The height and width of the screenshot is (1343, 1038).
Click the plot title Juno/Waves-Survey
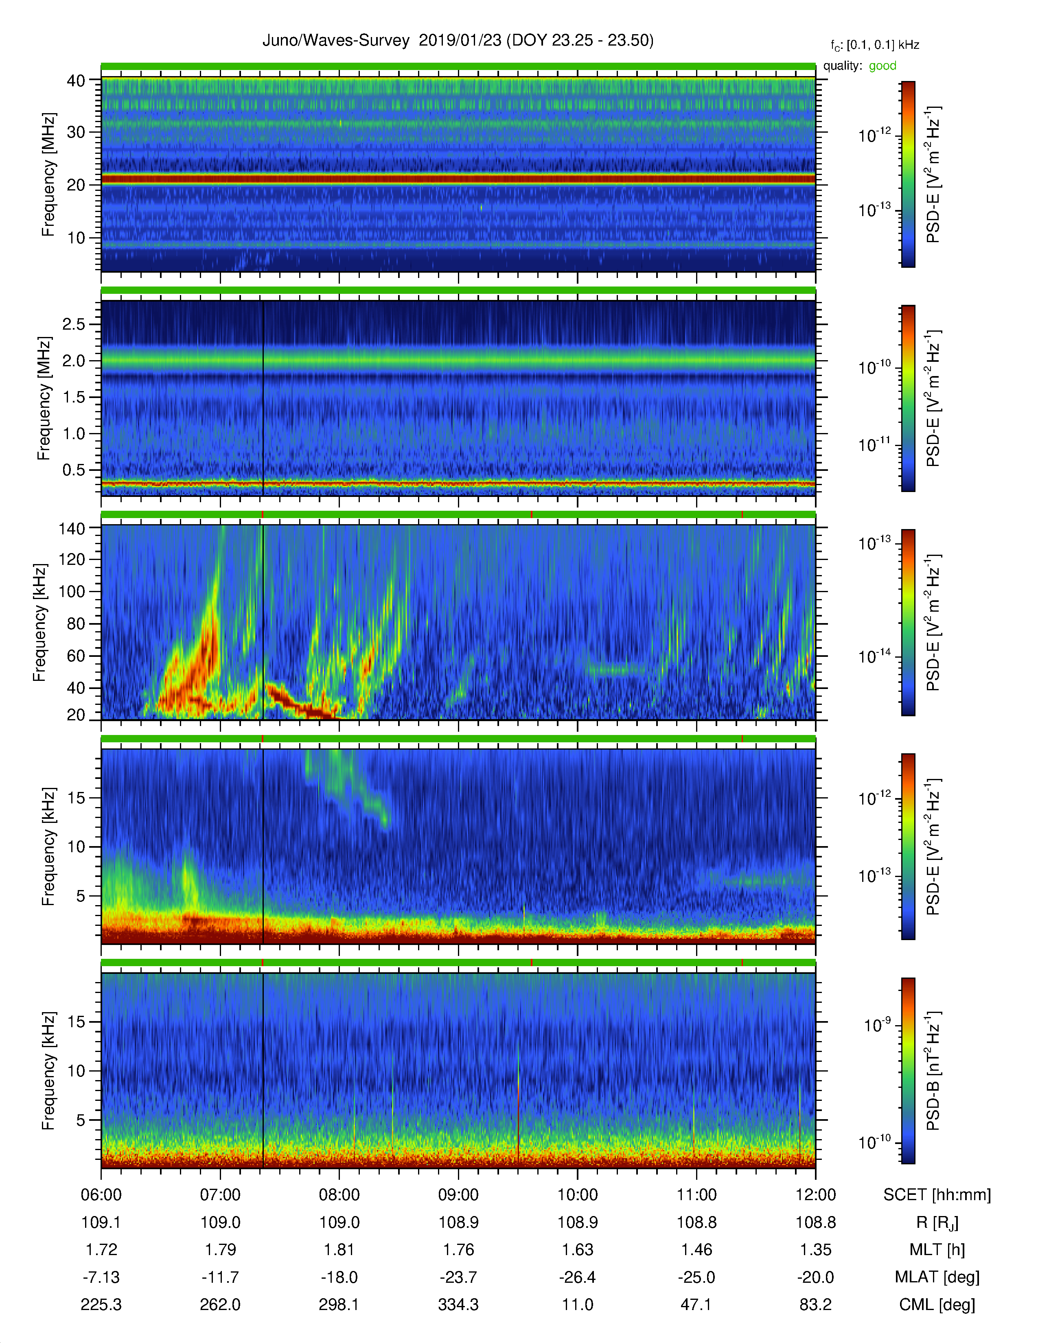click(336, 41)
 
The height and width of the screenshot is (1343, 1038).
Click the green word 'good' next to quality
click(883, 66)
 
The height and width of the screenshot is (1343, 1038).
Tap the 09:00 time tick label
click(458, 1195)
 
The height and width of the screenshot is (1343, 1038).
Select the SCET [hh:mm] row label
click(937, 1195)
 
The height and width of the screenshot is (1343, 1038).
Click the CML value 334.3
click(458, 1304)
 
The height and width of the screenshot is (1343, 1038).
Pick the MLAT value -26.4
click(578, 1277)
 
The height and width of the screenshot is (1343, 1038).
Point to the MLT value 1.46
click(696, 1249)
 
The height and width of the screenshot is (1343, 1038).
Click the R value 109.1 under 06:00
click(101, 1223)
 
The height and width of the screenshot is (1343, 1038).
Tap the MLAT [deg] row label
click(937, 1277)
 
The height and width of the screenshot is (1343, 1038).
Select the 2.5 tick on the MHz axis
click(74, 324)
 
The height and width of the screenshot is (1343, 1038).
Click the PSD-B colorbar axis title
click(933, 1071)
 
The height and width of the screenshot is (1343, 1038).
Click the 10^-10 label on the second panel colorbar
click(875, 368)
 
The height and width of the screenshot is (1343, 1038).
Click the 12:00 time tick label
click(815, 1195)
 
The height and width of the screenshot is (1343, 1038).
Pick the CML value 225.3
click(101, 1304)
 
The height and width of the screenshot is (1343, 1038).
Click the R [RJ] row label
click(937, 1223)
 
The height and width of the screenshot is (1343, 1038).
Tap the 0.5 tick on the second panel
click(74, 470)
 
